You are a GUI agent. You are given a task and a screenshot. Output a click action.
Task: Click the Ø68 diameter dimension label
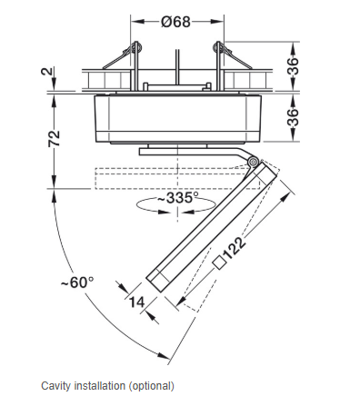pyautogui.click(x=175, y=22)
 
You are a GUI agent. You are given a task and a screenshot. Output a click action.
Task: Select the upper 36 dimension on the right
pyautogui.click(x=293, y=65)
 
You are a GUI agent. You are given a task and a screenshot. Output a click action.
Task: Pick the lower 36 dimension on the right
pyautogui.click(x=293, y=117)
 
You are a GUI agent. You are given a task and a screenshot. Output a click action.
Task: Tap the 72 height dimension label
pyautogui.click(x=54, y=139)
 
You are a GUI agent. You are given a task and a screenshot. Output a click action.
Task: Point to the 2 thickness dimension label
pyautogui.click(x=46, y=72)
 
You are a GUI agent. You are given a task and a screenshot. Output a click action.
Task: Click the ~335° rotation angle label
pyautogui.click(x=175, y=198)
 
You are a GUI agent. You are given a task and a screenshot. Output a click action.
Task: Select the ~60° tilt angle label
pyautogui.click(x=77, y=282)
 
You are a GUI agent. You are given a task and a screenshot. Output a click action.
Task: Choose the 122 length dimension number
pyautogui.click(x=234, y=248)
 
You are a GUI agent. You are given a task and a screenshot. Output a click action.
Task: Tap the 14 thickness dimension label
pyautogui.click(x=136, y=302)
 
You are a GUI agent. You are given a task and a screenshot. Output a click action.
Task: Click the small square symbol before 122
pyautogui.click(x=219, y=262)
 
